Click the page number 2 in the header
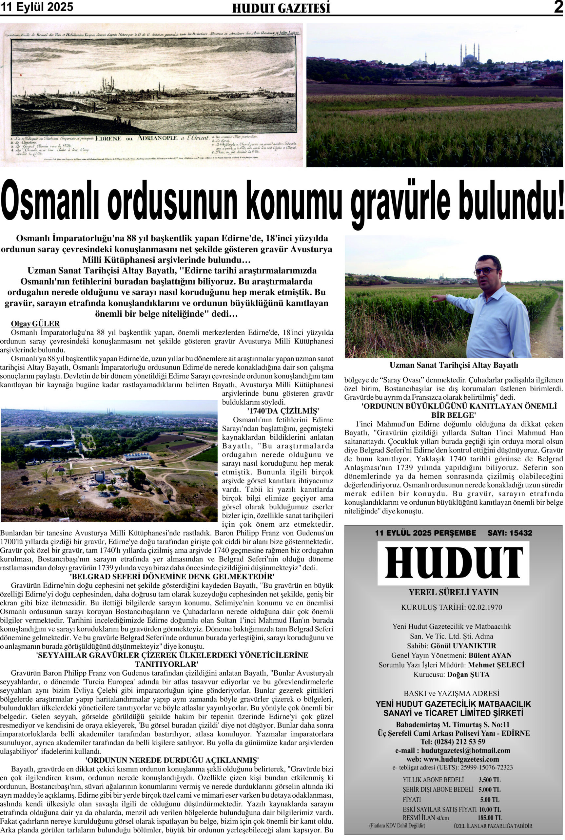[558, 7]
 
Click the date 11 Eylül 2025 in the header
[37, 7]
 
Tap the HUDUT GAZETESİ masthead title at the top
[281, 8]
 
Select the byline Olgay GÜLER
[35, 324]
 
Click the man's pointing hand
[438, 298]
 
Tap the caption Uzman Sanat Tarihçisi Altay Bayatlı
[454, 365]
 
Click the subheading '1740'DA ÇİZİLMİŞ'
[283, 411]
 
